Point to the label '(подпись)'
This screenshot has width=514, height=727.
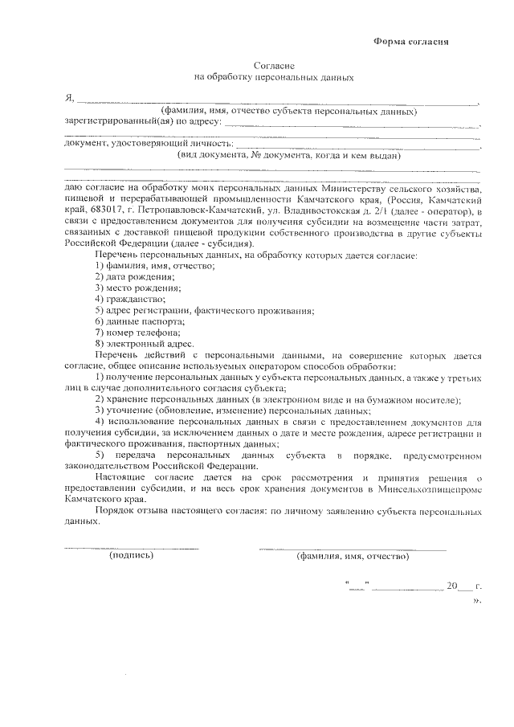click(131, 555)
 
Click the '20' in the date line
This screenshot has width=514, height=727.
click(451, 586)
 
